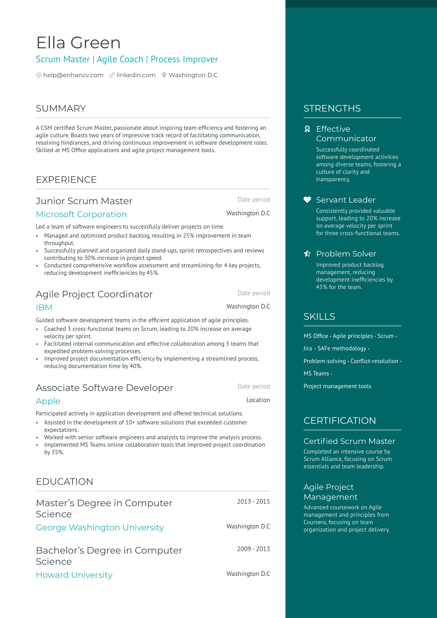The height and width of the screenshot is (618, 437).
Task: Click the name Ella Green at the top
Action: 78,43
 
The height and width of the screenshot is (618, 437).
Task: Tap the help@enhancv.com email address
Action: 73,75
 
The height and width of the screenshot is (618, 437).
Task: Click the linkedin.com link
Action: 136,75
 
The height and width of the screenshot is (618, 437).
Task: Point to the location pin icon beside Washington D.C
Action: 164,75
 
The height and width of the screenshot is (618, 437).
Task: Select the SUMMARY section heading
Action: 61,108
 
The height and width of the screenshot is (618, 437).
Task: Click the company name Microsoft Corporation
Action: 81,214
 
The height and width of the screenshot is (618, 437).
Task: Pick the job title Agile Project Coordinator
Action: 94,294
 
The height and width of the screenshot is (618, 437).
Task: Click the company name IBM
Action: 44,308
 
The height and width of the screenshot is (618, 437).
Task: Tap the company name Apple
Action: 48,401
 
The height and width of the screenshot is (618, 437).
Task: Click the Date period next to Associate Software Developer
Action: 254,387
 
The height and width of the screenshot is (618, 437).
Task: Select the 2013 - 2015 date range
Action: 253,502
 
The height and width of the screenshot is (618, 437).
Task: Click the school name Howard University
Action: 74,575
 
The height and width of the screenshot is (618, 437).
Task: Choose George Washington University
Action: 100,528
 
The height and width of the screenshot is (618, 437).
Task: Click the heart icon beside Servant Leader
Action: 307,200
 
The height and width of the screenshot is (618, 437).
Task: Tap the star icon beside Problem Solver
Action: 307,254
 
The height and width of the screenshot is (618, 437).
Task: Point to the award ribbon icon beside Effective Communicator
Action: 307,129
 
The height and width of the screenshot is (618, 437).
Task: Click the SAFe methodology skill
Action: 342,348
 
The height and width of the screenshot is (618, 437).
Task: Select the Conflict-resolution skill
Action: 374,361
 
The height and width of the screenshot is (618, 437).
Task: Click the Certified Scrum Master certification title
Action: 349,441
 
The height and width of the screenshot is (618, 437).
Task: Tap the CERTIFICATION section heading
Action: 340,421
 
